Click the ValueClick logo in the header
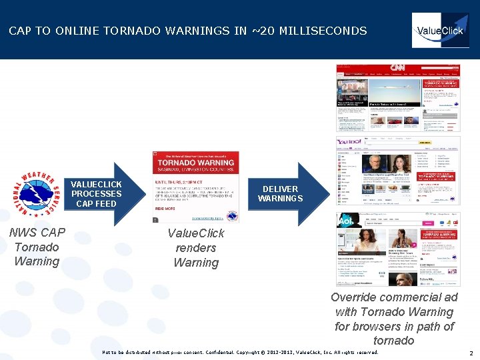439,31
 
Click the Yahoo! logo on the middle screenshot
349,143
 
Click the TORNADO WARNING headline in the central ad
195,163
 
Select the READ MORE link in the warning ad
165,209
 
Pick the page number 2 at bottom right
470,353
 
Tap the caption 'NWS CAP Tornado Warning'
37,247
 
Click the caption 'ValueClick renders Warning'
195,248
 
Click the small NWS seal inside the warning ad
231,216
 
